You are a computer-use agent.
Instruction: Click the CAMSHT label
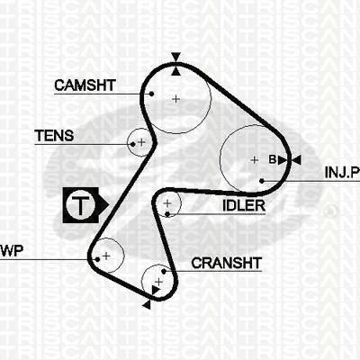85,85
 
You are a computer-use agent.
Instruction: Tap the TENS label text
54,136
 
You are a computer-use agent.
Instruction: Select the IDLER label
244,206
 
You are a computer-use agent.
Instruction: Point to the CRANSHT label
227,263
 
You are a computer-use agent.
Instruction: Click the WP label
12,251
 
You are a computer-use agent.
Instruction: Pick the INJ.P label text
342,173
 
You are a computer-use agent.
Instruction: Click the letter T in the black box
80,205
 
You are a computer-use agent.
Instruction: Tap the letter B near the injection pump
273,159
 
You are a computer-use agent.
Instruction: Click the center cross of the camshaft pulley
176,99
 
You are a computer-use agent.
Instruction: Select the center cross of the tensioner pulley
141,142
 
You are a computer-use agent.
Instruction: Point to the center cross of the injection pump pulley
255,160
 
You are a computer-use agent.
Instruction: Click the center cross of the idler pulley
167,203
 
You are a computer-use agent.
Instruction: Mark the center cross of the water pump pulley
106,256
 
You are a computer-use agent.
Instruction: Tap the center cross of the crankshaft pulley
158,282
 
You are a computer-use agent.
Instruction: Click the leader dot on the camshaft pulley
151,94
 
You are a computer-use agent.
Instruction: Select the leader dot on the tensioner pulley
133,144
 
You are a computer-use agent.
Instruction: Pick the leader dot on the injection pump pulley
262,181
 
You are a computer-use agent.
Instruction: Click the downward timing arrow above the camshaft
176,57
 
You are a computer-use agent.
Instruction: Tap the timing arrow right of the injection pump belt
296,160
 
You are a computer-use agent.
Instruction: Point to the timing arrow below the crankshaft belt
147,305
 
